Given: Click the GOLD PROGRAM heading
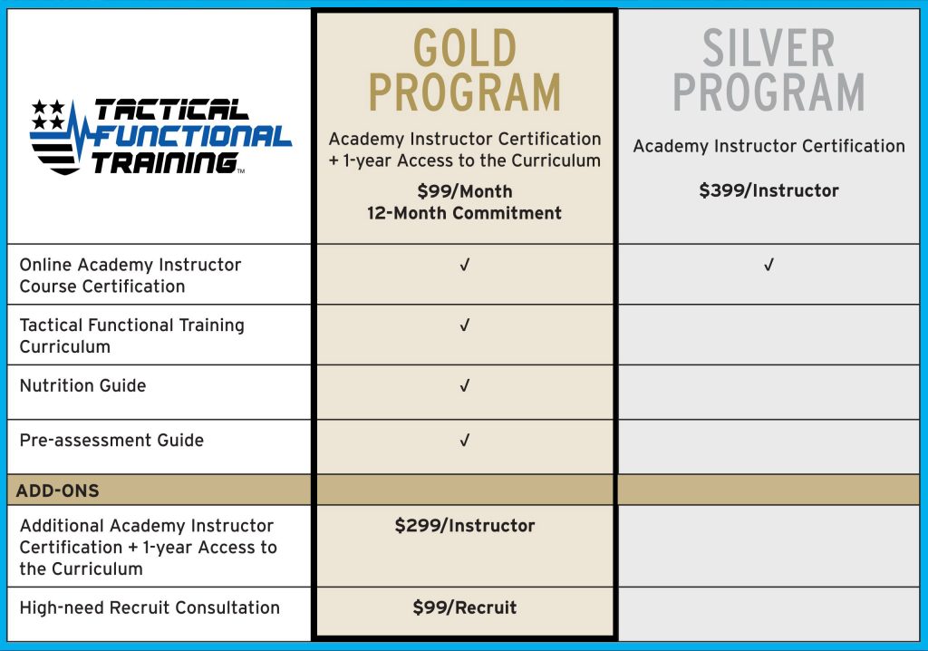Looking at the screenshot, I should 464,71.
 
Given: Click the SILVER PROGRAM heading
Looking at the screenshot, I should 768,71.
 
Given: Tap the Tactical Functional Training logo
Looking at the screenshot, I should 160,136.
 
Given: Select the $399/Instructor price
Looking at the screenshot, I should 768,190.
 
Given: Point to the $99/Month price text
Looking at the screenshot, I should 464,191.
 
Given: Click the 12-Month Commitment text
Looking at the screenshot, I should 464,213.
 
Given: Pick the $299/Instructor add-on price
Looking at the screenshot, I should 464,526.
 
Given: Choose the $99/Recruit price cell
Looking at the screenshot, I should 464,607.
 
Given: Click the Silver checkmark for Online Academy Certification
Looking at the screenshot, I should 768,266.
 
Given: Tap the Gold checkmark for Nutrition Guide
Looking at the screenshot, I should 465,386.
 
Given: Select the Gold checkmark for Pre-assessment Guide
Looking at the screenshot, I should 465,441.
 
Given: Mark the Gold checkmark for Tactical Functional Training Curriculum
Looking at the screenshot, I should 465,325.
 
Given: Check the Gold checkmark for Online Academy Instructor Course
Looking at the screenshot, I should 465,266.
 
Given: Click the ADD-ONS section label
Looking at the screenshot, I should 58,491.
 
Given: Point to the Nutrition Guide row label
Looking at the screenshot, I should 82,385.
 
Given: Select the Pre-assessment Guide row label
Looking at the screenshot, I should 111,440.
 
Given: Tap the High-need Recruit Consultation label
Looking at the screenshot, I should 150,607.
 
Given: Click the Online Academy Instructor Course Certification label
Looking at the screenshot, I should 130,276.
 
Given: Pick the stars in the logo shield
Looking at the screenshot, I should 48,113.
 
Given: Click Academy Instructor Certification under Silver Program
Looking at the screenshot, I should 768,146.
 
